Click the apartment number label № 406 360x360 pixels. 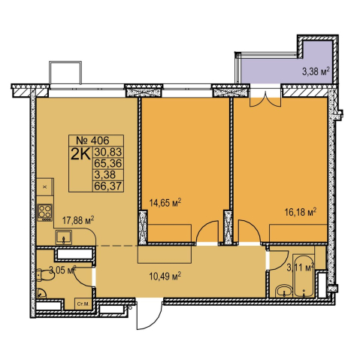[92, 141]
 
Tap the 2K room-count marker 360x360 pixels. [80, 155]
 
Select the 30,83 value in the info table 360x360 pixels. [108, 152]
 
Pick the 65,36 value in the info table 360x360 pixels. [108, 163]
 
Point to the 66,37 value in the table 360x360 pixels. [108, 186]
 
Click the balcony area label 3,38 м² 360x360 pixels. [316, 71]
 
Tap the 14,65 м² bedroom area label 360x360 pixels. [165, 202]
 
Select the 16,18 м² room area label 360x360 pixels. [301, 212]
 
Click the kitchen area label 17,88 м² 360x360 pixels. [78, 220]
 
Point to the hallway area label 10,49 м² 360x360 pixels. [165, 277]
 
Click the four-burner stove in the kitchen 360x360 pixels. [45, 213]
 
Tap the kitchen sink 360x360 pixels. [64, 237]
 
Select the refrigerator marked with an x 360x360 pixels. [45, 187]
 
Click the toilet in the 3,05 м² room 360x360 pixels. [44, 275]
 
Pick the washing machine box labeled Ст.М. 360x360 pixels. [83, 304]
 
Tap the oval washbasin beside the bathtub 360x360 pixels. [283, 291]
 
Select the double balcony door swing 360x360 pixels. [265, 100]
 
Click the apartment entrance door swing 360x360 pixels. [149, 314]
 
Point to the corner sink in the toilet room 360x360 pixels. [41, 292]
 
